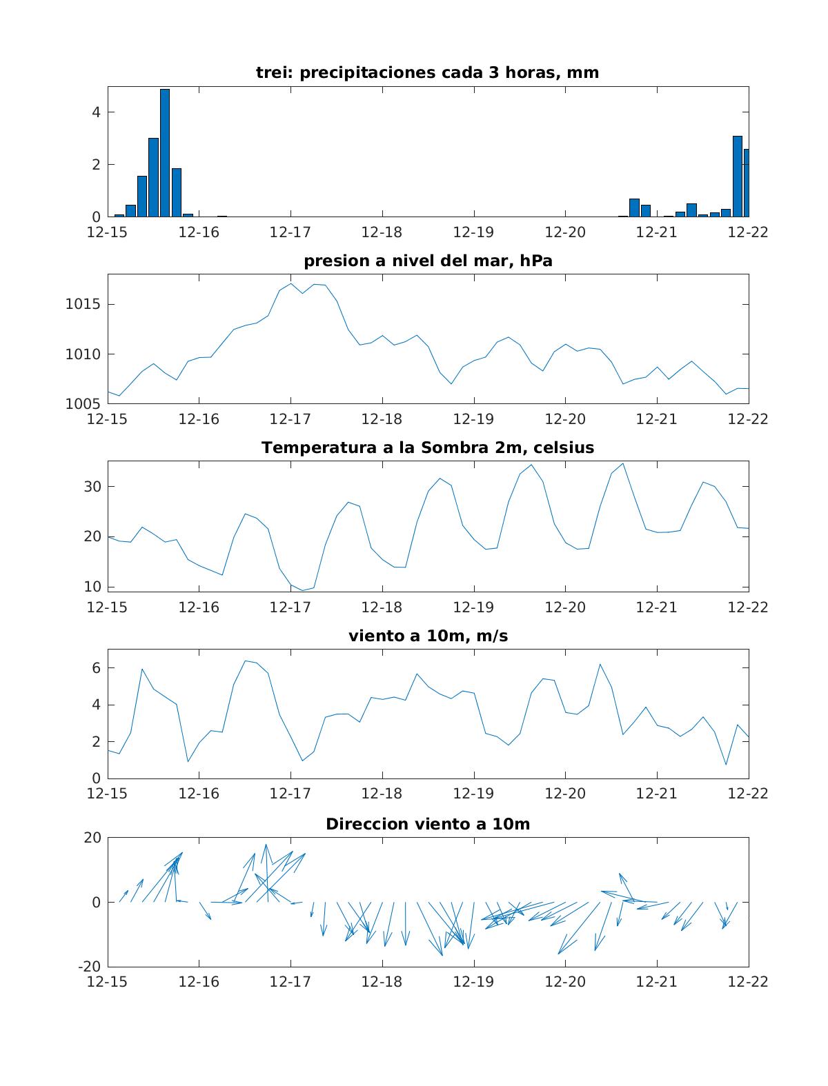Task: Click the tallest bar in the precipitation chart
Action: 165,152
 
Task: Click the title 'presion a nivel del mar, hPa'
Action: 428,261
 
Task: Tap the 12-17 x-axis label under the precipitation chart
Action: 290,232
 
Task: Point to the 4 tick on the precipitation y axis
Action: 97,112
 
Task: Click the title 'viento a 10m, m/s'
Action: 428,636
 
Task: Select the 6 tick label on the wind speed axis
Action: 97,667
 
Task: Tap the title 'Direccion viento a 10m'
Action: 428,823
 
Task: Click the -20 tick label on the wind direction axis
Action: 89,966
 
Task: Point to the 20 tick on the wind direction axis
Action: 92,838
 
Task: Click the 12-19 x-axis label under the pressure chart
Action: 473,419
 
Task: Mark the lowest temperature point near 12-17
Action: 302,590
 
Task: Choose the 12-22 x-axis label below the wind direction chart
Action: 748,981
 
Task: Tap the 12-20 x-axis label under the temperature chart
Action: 565,607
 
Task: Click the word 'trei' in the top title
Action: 270,72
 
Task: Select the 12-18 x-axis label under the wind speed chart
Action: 382,794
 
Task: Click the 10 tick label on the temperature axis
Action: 93,587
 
